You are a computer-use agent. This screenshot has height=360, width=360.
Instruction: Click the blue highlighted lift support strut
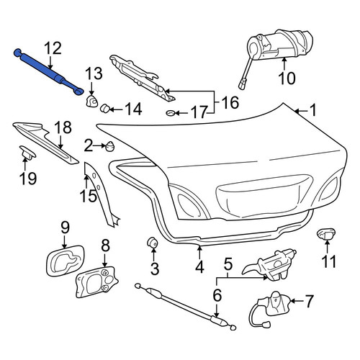click(48, 71)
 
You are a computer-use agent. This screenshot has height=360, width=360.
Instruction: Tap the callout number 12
click(53, 48)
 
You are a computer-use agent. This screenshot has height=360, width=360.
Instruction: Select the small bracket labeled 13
click(91, 101)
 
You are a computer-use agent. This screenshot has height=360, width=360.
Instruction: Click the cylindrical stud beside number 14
click(104, 108)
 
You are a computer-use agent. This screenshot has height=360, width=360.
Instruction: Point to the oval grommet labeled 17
click(171, 112)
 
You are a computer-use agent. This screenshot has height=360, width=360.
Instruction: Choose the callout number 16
click(230, 102)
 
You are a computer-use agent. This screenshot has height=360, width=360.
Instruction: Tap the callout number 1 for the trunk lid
click(312, 111)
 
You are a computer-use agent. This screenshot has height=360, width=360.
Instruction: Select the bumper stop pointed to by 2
click(110, 146)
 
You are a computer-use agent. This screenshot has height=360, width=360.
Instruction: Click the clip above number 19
click(27, 153)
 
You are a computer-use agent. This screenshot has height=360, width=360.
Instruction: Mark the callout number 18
click(63, 127)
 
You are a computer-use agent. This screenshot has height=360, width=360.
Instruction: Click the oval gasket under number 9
click(65, 261)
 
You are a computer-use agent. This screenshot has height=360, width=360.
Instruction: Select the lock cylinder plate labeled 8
click(96, 282)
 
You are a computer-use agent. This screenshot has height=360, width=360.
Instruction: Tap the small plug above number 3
click(152, 243)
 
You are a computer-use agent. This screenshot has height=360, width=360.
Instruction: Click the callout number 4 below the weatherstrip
click(199, 267)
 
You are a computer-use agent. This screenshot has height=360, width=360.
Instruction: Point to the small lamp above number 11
click(326, 234)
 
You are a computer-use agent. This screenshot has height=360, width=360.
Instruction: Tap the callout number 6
click(217, 295)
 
